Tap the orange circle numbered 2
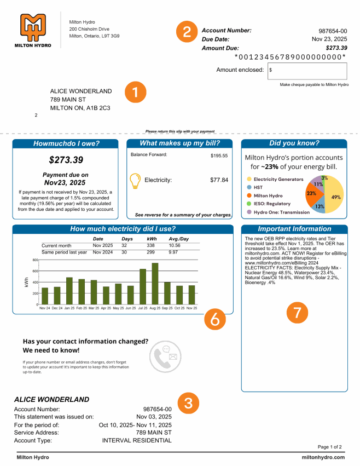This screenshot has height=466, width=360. point(187,32)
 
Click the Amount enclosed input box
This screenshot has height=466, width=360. point(307,71)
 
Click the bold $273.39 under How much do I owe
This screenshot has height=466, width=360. point(66,160)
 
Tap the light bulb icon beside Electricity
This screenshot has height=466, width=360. point(135,181)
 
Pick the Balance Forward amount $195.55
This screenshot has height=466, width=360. point(219,156)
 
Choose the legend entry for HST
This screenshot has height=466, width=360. point(258,187)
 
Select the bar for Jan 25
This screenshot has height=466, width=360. point(69,291)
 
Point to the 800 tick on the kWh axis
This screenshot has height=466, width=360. point(36,260)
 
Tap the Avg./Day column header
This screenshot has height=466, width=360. point(179,239)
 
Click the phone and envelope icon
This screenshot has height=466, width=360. point(166,356)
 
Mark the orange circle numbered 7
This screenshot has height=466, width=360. point(297,313)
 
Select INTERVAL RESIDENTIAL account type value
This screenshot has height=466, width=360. point(137,440)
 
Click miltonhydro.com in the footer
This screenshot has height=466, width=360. point(323,457)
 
